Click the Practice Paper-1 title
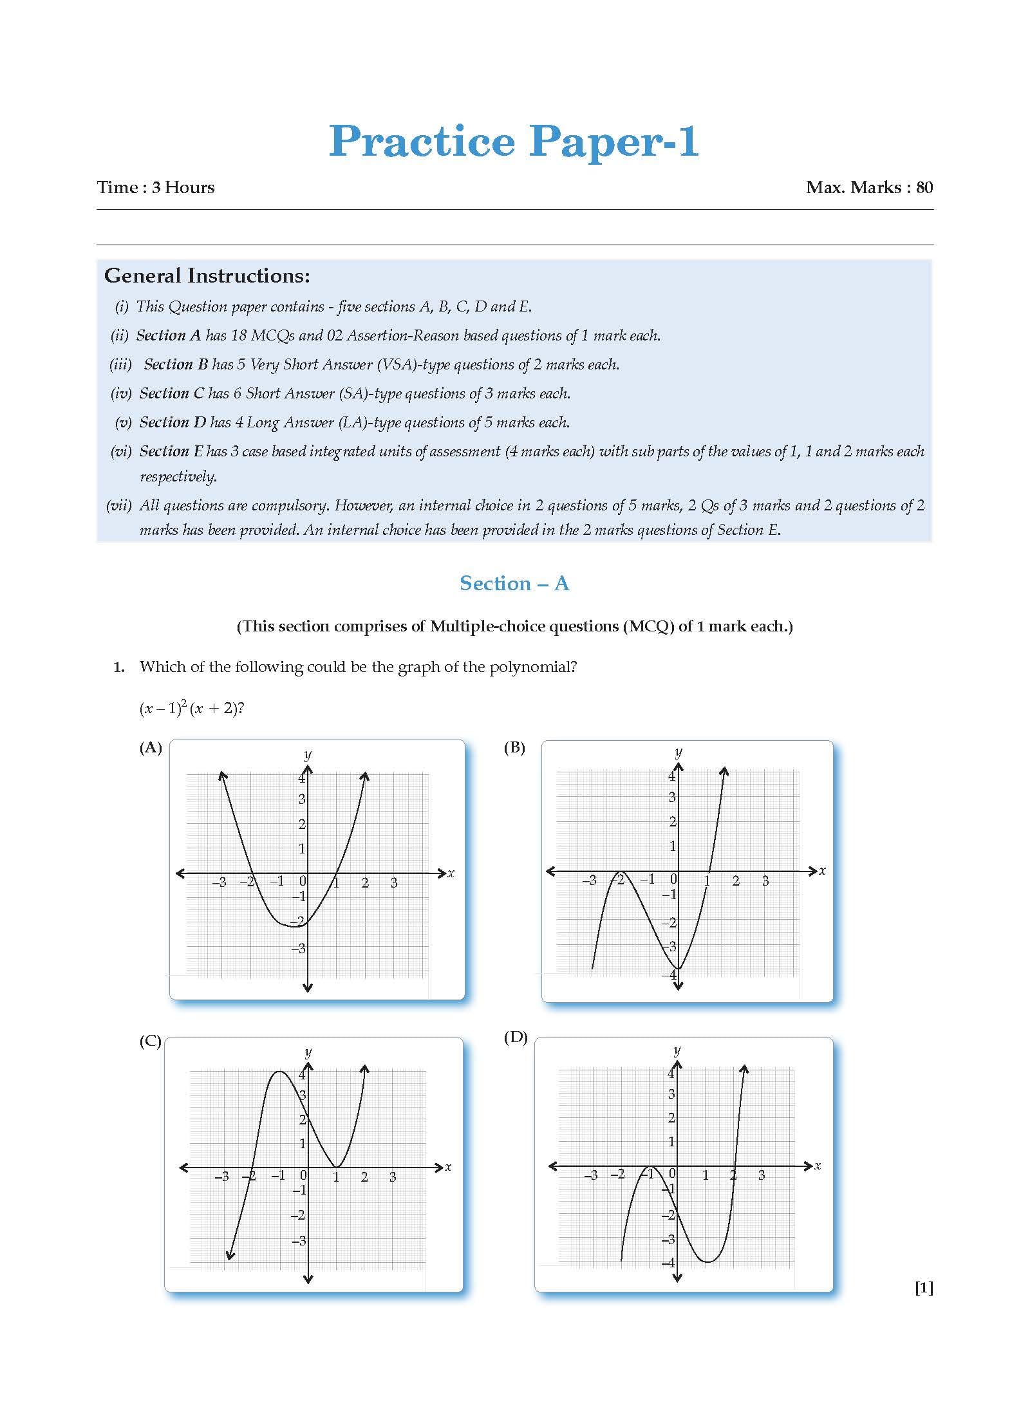coord(514,141)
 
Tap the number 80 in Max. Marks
coord(924,187)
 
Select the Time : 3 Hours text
coord(156,187)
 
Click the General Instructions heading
coord(207,276)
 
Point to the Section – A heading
coord(514,583)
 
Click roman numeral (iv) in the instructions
coord(121,393)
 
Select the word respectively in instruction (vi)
coord(178,476)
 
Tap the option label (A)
coord(151,747)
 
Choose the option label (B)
coord(514,747)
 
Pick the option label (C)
coord(151,1041)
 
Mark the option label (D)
coord(515,1038)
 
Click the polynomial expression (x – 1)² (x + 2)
coord(191,709)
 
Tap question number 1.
coord(118,667)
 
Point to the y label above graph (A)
coord(308,754)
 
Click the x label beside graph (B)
coord(822,871)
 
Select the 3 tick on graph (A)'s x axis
coord(394,883)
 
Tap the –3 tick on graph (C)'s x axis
coord(221,1177)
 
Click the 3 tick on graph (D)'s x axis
coord(762,1175)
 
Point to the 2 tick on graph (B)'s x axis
coord(736,880)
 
